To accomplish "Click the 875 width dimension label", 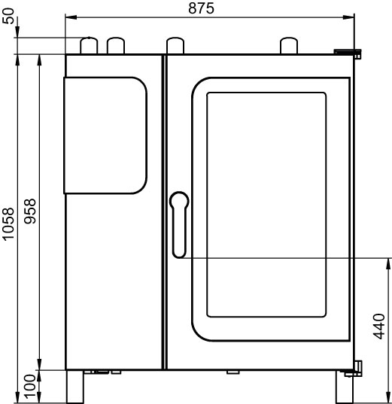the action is (x=201, y=8).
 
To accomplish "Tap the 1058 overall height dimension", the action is (x=8, y=224).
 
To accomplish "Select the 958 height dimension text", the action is (x=30, y=211).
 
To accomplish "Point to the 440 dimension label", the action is (x=379, y=327).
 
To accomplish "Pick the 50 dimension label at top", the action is (x=8, y=17).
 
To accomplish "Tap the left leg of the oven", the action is (x=75, y=387).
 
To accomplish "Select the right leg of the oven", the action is (x=345, y=387).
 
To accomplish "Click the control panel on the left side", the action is (x=105, y=135).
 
